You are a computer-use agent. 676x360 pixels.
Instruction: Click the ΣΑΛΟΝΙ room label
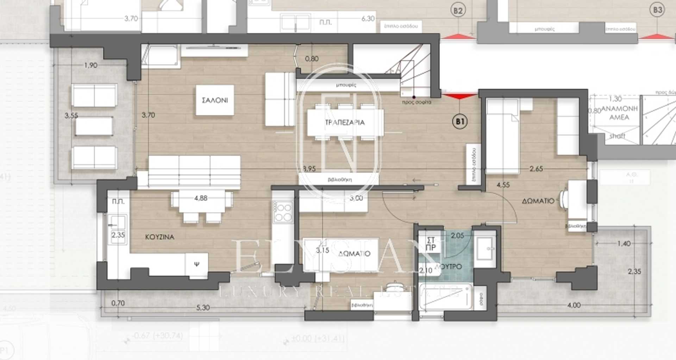[215, 100]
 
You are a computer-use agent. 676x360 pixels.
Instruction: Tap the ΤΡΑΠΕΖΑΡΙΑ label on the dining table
[345, 123]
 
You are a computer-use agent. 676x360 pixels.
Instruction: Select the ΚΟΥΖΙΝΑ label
[159, 237]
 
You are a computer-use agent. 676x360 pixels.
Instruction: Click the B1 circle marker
[459, 122]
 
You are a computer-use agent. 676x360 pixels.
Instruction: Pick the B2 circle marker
[457, 11]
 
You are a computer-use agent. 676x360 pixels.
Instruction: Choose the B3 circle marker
[657, 10]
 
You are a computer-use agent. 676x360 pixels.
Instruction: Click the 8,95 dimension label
[309, 169]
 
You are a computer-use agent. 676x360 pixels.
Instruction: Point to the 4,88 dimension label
[201, 198]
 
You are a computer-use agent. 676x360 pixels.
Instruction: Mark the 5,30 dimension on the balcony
[202, 308]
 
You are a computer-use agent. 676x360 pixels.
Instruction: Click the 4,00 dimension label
[574, 305]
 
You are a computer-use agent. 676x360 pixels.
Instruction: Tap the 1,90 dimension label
[90, 65]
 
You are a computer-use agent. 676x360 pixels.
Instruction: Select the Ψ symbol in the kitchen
[196, 263]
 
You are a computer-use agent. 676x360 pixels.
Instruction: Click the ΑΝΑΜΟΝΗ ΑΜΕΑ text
[619, 113]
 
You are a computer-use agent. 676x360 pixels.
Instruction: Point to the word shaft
[617, 136]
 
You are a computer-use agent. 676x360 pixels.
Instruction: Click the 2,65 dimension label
[536, 169]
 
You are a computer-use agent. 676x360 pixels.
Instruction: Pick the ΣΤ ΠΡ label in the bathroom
[431, 244]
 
